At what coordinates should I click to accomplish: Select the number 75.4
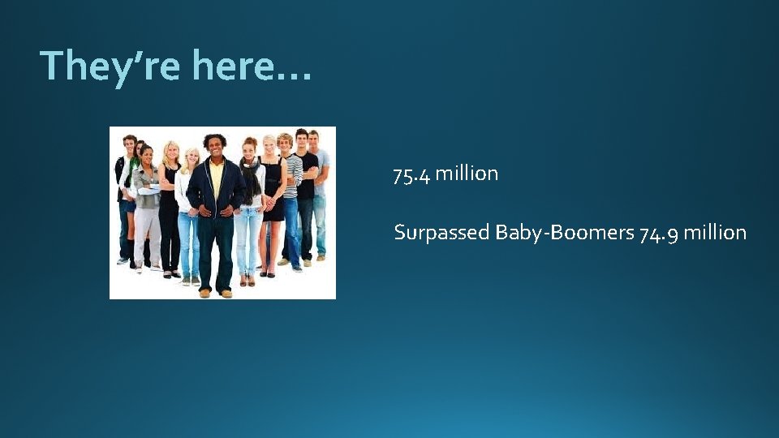(x=411, y=174)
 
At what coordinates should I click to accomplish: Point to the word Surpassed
(x=441, y=234)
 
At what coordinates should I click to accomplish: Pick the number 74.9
(x=658, y=234)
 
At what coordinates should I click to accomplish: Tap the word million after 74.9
(x=715, y=233)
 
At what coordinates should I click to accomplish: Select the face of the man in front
(x=215, y=148)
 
